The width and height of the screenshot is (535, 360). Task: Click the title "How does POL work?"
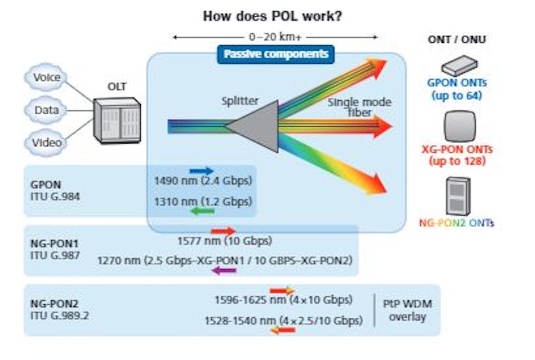click(273, 16)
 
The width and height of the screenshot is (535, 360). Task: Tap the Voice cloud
click(47, 77)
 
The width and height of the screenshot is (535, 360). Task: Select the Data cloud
click(47, 110)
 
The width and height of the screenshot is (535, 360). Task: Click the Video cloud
click(47, 143)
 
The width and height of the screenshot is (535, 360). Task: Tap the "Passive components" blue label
click(276, 55)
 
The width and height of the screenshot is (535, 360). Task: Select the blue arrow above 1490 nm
click(202, 170)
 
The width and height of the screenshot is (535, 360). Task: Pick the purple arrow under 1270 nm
click(224, 271)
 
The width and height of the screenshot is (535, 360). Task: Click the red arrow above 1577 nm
click(223, 231)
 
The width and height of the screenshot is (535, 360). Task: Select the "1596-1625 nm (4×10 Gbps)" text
click(283, 299)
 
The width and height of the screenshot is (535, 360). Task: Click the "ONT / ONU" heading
click(457, 39)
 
